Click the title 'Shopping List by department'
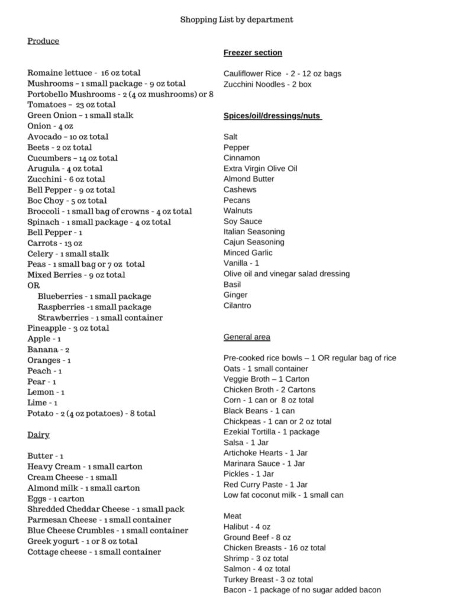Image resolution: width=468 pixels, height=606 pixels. [x=237, y=20]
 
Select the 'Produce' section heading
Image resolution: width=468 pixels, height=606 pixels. [x=43, y=41]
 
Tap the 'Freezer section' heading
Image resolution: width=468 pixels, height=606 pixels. [x=253, y=53]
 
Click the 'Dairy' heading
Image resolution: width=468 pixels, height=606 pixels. [x=38, y=435]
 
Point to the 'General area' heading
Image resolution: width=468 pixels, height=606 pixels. [x=247, y=337]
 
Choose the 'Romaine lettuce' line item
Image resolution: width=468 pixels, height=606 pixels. [x=84, y=73]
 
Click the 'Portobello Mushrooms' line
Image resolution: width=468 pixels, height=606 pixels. [x=120, y=94]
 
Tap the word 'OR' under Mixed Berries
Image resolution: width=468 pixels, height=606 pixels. [x=33, y=285]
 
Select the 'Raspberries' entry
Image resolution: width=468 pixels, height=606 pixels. [x=94, y=307]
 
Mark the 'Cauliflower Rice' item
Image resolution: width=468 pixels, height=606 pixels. [x=282, y=74]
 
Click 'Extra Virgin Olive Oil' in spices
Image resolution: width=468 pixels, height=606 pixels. [x=260, y=168]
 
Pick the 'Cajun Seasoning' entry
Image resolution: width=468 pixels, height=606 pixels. [x=254, y=242]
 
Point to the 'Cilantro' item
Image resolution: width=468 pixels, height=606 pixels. [x=237, y=305]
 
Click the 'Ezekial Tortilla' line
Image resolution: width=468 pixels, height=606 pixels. [x=272, y=432]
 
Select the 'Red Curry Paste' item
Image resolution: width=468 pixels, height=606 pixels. [x=266, y=484]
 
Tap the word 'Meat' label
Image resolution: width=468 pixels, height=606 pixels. [x=233, y=516]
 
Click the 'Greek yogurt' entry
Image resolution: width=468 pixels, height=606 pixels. [x=82, y=541]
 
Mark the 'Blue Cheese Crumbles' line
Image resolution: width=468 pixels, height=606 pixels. [x=108, y=530]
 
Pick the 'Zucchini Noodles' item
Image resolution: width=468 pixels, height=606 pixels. [x=267, y=85]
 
